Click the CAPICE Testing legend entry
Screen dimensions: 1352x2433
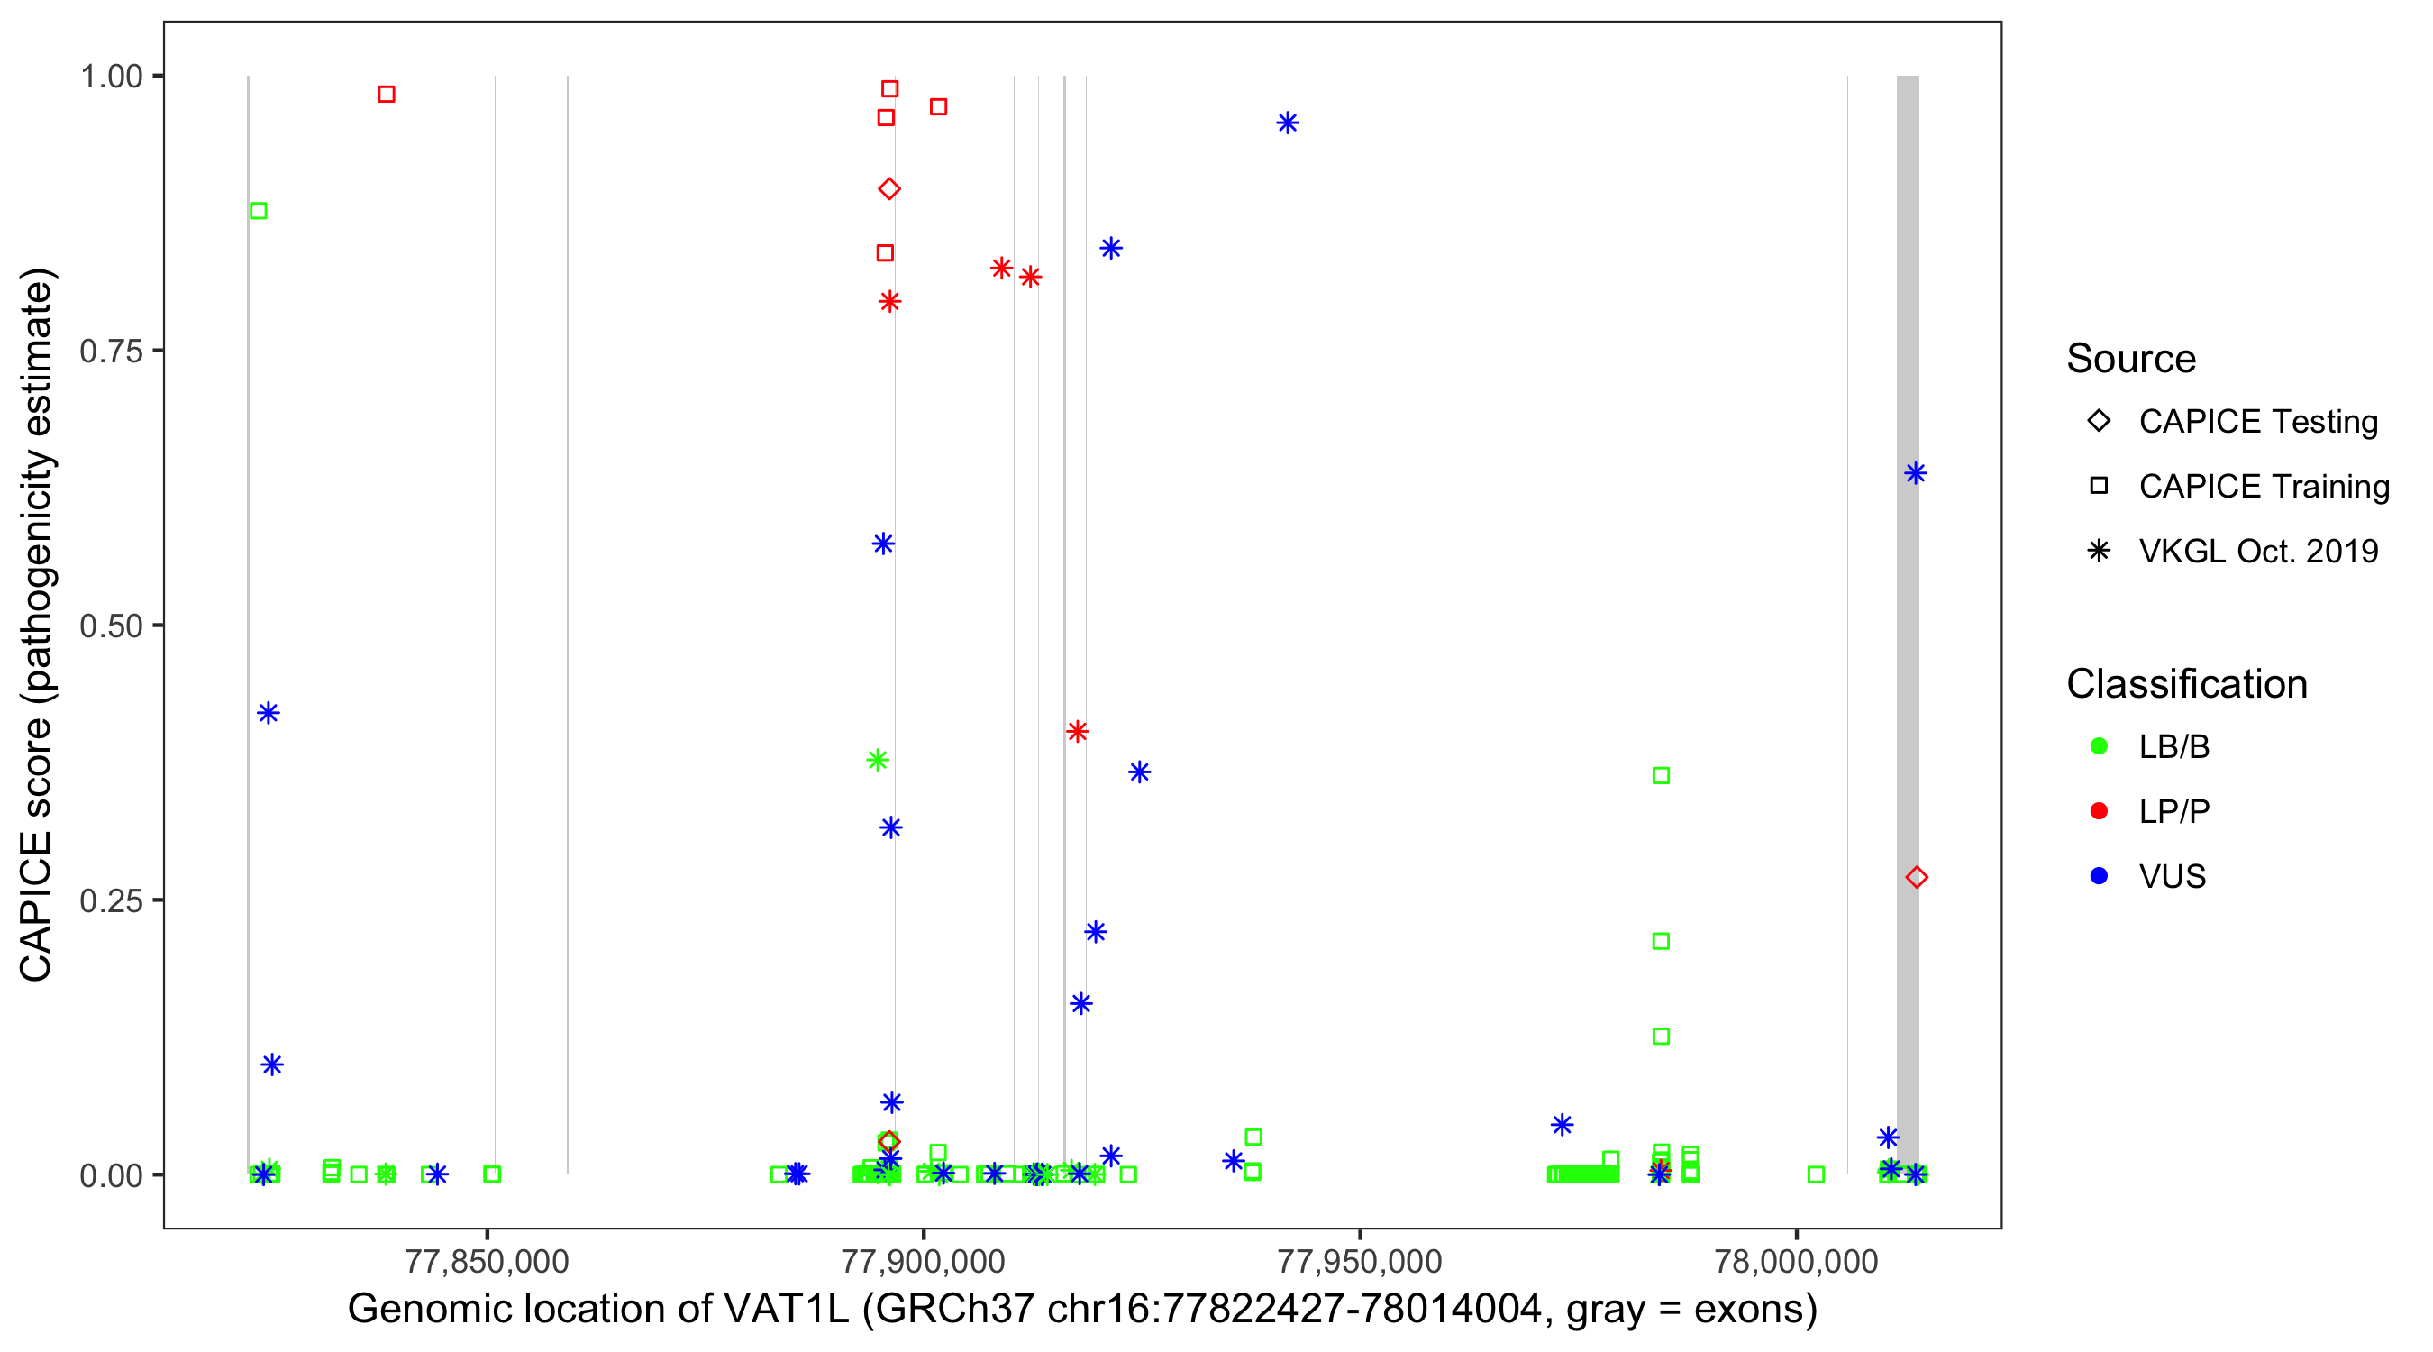[x=2257, y=422]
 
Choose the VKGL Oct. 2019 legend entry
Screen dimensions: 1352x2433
[x=2257, y=551]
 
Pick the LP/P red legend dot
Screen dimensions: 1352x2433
[x=2099, y=811]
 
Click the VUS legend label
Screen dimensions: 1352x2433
[x=2172, y=877]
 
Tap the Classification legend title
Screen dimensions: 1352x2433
[x=2185, y=683]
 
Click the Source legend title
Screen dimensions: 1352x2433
[x=2130, y=358]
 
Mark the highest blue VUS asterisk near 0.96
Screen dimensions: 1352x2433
[x=1288, y=123]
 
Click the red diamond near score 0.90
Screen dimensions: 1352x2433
[x=888, y=189]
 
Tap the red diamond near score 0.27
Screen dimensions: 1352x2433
[x=1917, y=878]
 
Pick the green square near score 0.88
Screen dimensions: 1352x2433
[x=258, y=211]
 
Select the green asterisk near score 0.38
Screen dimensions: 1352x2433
[x=878, y=760]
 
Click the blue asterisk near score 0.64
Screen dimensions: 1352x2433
[x=1915, y=472]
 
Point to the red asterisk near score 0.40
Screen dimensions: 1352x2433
[x=1077, y=731]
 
